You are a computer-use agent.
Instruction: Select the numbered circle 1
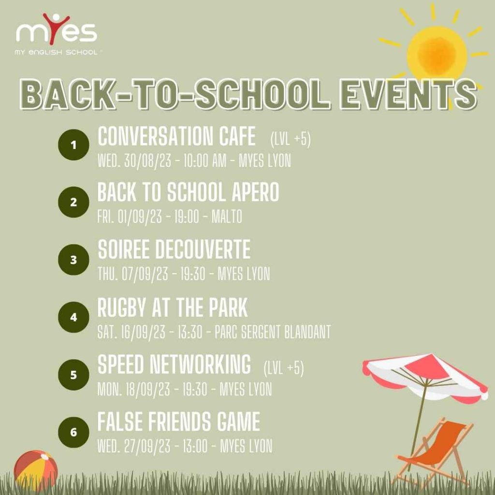tap(73, 145)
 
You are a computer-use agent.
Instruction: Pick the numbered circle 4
tap(73, 318)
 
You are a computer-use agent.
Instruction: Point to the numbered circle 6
tap(73, 432)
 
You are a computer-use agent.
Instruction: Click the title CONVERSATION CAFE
tap(176, 137)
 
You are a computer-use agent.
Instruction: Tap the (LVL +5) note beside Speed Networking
tap(284, 369)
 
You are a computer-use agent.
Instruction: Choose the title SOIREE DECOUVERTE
tap(174, 250)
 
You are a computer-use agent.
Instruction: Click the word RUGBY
tap(124, 307)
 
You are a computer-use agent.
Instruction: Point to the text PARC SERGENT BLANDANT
tap(272, 333)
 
